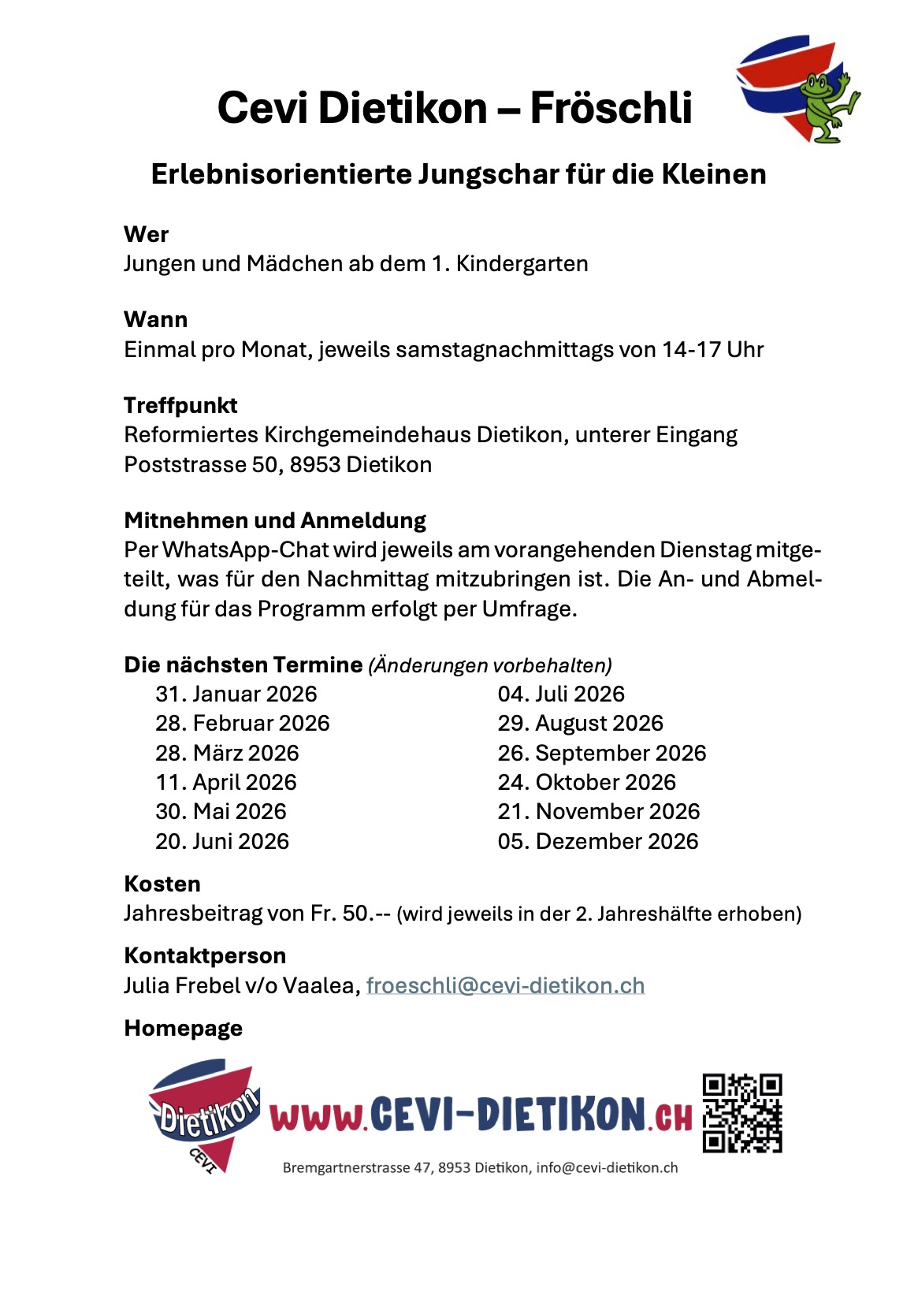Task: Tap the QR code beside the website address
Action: point(741,1112)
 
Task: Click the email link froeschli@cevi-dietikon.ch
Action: point(505,985)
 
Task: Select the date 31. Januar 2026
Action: point(236,694)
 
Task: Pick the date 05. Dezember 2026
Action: point(597,841)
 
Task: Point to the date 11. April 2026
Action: point(225,782)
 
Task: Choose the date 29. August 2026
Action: point(580,723)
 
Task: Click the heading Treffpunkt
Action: point(180,405)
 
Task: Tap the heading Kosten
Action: point(162,884)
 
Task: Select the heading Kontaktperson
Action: point(205,955)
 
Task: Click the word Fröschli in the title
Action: point(611,107)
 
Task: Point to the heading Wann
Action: point(156,319)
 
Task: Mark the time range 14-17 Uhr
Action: point(712,349)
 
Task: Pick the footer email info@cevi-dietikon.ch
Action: point(607,1167)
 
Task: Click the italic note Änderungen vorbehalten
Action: point(489,665)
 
